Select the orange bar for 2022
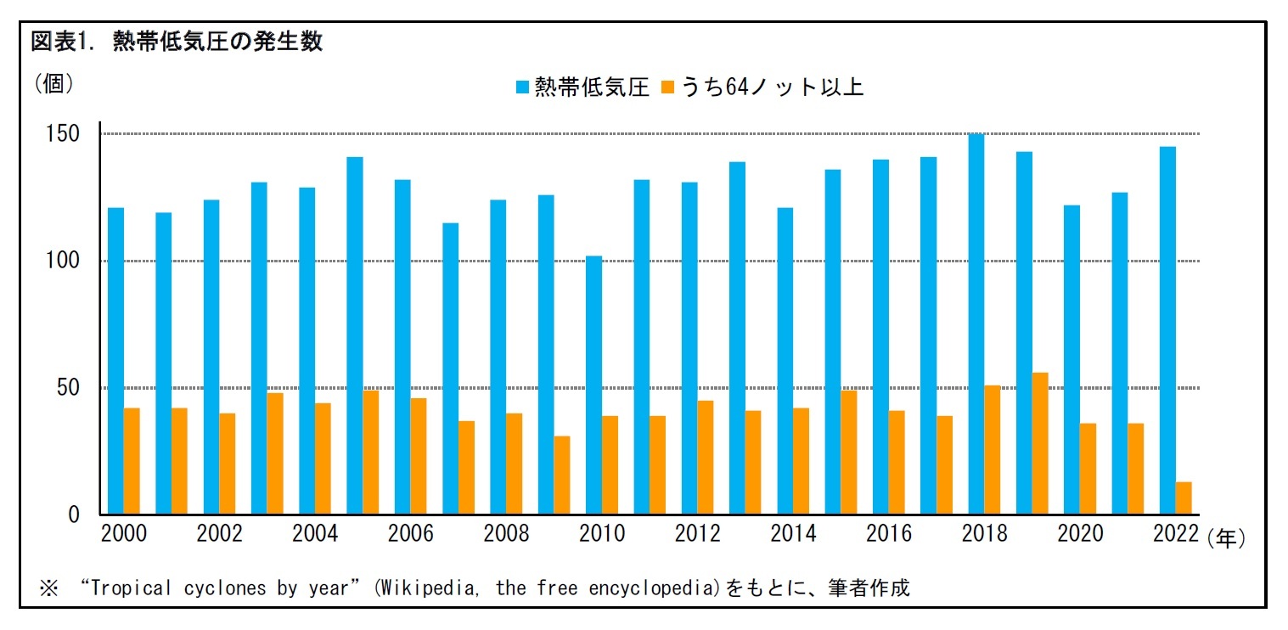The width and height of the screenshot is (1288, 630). tap(1184, 498)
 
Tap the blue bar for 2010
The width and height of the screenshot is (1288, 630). tap(593, 385)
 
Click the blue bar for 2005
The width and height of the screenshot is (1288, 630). tap(355, 336)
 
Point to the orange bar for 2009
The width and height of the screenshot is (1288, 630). tap(562, 475)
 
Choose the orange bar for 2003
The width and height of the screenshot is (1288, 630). tap(275, 453)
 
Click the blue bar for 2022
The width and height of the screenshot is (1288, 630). tap(1167, 331)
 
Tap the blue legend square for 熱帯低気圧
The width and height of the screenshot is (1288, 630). tap(522, 87)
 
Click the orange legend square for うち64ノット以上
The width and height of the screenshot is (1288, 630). tap(668, 87)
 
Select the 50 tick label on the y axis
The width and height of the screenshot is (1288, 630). tap(67, 388)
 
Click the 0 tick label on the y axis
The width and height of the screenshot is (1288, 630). tap(74, 515)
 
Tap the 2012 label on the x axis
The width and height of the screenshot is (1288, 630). tap(697, 534)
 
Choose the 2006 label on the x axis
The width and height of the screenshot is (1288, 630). tap(411, 534)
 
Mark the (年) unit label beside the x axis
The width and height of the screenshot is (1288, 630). tap(1225, 538)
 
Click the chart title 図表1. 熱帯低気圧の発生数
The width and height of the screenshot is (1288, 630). tap(177, 42)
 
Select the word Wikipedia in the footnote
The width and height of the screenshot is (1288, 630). tap(424, 588)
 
